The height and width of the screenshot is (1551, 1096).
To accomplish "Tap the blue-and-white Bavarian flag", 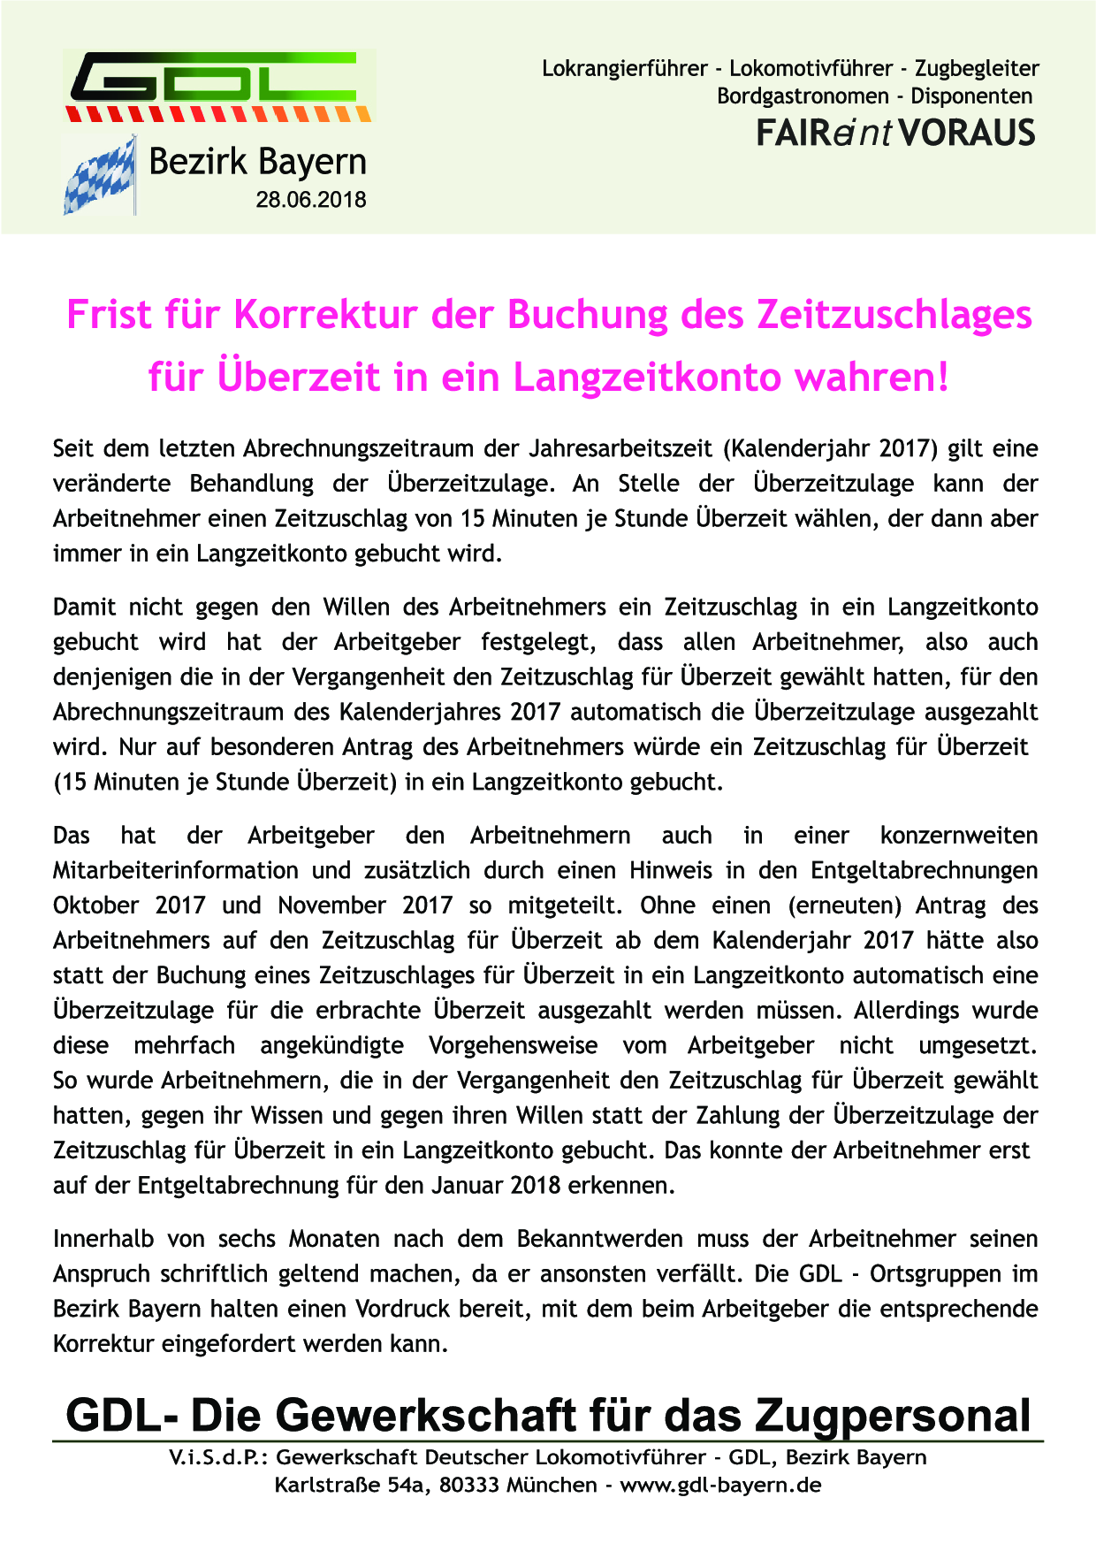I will click(x=99, y=177).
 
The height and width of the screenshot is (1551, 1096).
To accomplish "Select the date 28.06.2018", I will click(x=311, y=200).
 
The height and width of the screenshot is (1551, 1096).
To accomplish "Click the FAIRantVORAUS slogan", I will click(x=895, y=133).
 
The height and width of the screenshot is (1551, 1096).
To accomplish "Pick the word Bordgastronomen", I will click(x=803, y=96).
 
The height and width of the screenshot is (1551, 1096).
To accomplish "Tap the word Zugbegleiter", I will click(x=977, y=68).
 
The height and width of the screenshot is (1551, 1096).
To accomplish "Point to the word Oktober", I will click(x=96, y=905).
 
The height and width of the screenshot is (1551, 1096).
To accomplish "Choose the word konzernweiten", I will click(x=959, y=836).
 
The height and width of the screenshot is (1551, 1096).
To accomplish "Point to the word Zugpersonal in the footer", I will click(x=893, y=1416).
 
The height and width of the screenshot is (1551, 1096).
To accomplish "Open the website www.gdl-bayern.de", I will click(x=720, y=1485).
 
